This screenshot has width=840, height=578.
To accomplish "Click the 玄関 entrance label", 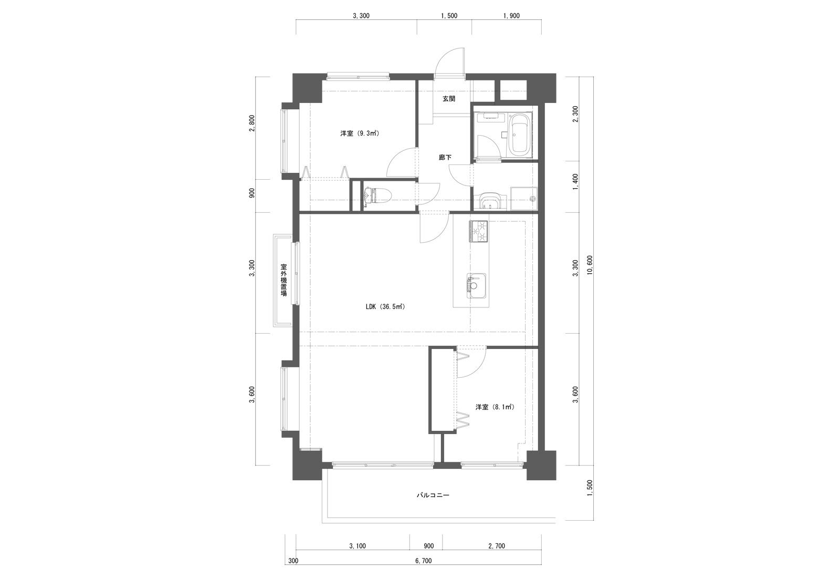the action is pyautogui.click(x=449, y=99).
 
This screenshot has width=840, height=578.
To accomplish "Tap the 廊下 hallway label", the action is pyautogui.click(x=445, y=158).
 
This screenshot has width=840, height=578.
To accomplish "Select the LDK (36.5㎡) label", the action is pyautogui.click(x=385, y=307).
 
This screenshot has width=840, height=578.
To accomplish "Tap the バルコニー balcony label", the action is pyautogui.click(x=433, y=496).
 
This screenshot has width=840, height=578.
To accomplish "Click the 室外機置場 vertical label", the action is pyautogui.click(x=284, y=280).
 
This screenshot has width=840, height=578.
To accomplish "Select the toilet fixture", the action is pyautogui.click(x=377, y=196).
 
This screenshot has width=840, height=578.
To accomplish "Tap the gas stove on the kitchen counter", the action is pyautogui.click(x=478, y=231).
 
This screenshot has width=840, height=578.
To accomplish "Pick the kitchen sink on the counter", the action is pyautogui.click(x=476, y=286).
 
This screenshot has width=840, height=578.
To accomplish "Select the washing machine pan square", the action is pyautogui.click(x=523, y=199).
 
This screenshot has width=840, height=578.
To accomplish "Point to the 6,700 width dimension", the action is pyautogui.click(x=423, y=571).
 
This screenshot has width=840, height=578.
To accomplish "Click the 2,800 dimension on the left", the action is pyautogui.click(x=253, y=123).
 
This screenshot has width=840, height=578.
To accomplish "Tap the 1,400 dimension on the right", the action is pyautogui.click(x=575, y=182).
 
